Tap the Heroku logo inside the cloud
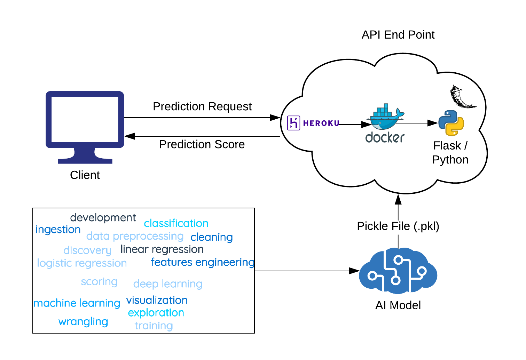313,123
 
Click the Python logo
451,123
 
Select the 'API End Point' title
398,35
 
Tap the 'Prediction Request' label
202,106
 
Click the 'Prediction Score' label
202,144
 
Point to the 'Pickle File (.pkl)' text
398,226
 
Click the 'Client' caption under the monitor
85,175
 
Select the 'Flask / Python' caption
450,152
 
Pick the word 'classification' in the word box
176,223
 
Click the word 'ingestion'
58,230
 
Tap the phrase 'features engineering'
202,262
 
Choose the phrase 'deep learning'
168,284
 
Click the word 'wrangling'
83,322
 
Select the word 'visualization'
157,300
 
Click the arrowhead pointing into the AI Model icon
354,271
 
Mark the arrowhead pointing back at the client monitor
129,136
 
